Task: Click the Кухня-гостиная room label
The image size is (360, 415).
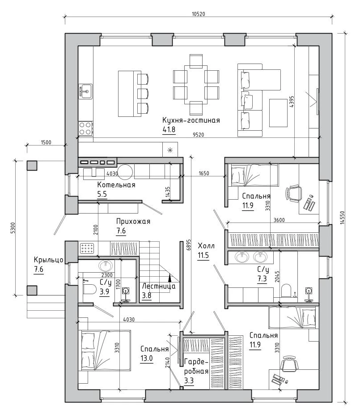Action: pyautogui.click(x=191, y=120)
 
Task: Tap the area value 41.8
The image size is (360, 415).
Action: pyautogui.click(x=169, y=130)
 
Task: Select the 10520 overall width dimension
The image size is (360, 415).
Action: pyautogui.click(x=198, y=14)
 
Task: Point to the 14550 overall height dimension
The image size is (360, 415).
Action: pyautogui.click(x=343, y=218)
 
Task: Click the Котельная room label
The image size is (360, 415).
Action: pyautogui.click(x=116, y=185)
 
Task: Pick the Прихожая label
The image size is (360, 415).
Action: pyautogui.click(x=133, y=221)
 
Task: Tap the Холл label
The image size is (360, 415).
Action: pyautogui.click(x=206, y=246)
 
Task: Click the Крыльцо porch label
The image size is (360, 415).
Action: pyautogui.click(x=49, y=260)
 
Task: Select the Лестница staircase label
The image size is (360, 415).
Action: pyautogui.click(x=159, y=286)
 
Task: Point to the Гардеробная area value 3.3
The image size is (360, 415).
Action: pyautogui.click(x=189, y=381)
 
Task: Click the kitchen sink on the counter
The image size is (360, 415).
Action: pyautogui.click(x=85, y=91)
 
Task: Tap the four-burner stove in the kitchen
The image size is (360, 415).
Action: pyautogui.click(x=85, y=128)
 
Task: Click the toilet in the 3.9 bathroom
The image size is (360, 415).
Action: pyautogui.click(x=89, y=289)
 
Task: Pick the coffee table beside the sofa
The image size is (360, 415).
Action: pyautogui.click(x=278, y=113)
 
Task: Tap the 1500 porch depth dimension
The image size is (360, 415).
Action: pyautogui.click(x=46, y=142)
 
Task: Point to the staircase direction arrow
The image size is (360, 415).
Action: pyautogui.click(x=169, y=278)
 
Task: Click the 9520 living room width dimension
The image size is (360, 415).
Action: pyautogui.click(x=198, y=135)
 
